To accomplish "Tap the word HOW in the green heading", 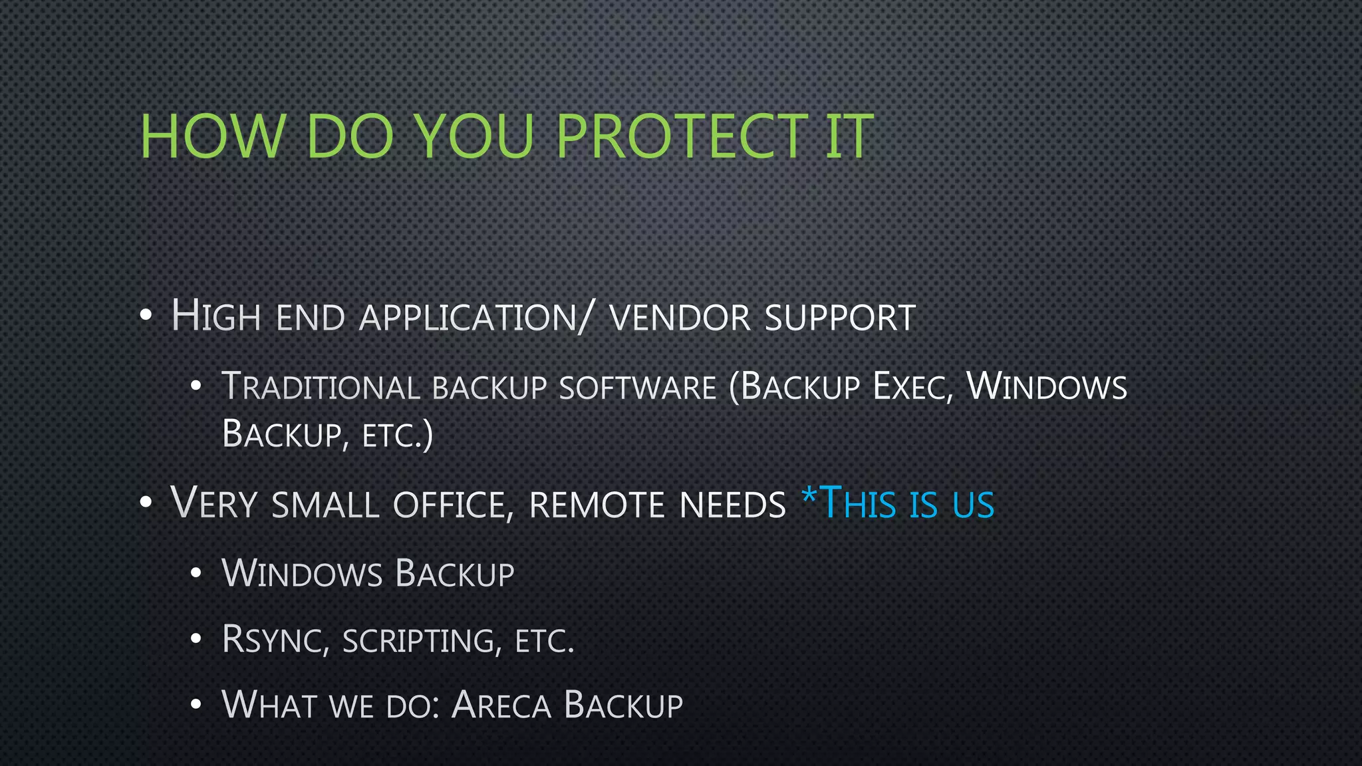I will pos(212,136).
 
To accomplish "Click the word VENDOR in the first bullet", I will pos(680,318).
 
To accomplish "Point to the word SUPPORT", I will pos(840,318).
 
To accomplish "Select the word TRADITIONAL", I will pos(321,387).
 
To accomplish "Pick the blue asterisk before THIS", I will pos(809,495).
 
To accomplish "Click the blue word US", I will pos(973,505).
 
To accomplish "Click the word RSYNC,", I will pos(275,640).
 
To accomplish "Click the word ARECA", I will pos(501,705).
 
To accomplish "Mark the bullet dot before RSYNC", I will pos(196,640).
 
